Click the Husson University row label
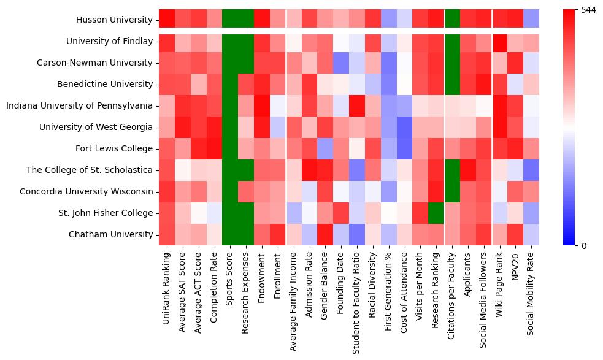114,20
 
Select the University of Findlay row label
109,42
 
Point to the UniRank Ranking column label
166,288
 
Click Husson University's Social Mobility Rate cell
532,20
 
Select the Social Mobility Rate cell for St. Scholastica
532,170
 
